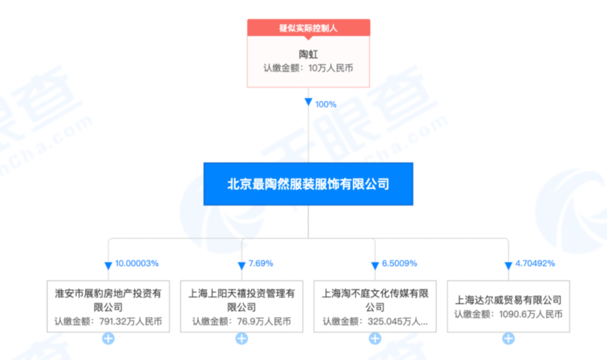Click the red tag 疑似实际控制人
pos(308,28)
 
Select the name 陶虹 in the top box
pos(308,54)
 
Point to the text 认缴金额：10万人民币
pos(308,68)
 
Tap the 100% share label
pos(325,104)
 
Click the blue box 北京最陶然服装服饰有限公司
pos(308,184)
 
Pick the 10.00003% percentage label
pos(137,263)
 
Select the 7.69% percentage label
pos(260,263)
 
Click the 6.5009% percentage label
pos(399,263)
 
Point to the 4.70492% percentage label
pos(534,263)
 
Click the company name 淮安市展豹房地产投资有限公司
pos(108,300)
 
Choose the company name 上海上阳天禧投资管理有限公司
pos(241,300)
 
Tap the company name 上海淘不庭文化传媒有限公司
pos(375,300)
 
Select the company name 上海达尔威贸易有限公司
pos(508,299)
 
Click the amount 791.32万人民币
pos(131,321)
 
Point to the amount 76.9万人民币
pos(264,321)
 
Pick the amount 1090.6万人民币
pos(531,314)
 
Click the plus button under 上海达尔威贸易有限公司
pos(508,339)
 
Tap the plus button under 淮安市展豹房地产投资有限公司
pos(108,339)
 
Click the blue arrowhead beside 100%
pos(308,102)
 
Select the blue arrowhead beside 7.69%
pos(241,265)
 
